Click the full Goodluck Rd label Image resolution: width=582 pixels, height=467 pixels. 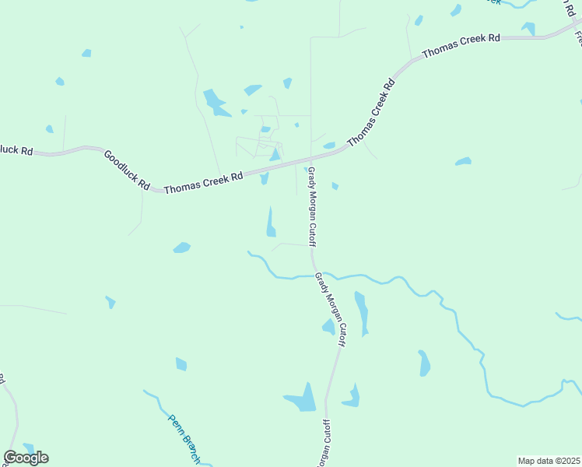tap(126, 170)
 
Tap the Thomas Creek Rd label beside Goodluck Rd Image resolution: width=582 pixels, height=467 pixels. tap(203, 181)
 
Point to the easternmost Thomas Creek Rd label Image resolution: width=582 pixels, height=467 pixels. tap(460, 46)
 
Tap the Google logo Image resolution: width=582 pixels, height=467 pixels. tap(26, 458)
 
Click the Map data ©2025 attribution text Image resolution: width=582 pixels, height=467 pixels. tap(549, 461)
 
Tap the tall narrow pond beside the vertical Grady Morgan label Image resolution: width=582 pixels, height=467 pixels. tap(271, 222)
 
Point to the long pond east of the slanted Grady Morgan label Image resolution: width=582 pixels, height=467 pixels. tap(361, 311)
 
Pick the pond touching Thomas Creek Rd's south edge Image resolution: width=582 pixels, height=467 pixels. tap(265, 178)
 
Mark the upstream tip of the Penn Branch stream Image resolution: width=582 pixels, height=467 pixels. tap(145, 391)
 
